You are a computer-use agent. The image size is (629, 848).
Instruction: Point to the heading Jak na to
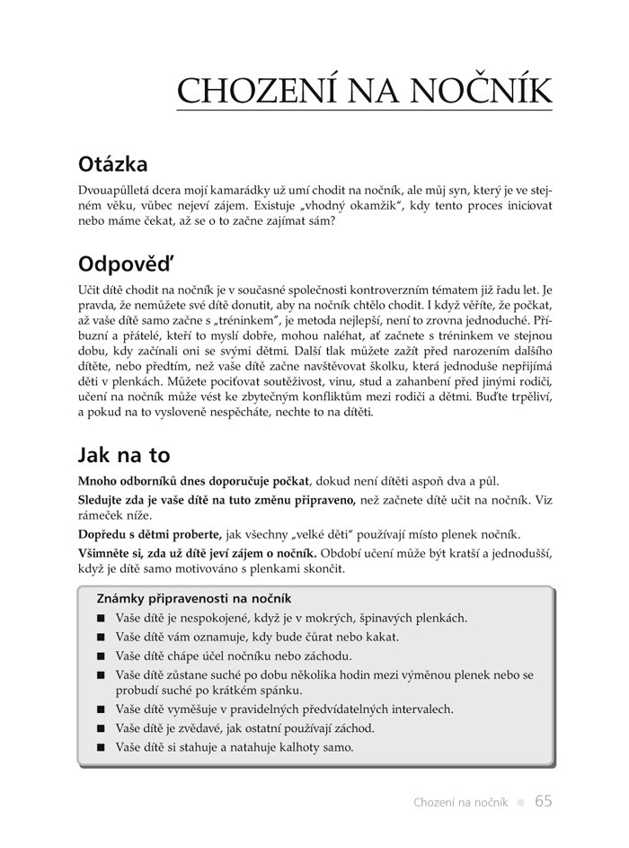coord(124,454)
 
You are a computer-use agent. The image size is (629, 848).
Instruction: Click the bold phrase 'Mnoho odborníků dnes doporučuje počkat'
coord(194,481)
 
